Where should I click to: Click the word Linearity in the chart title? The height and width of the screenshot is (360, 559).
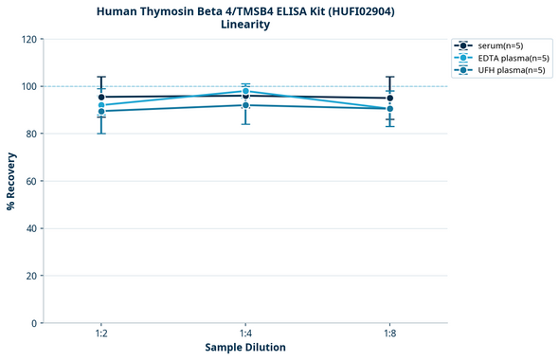click(244, 25)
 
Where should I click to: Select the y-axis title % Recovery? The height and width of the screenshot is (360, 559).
click(11, 180)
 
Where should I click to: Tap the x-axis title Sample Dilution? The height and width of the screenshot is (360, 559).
click(245, 348)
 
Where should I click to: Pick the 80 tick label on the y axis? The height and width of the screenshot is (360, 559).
click(31, 134)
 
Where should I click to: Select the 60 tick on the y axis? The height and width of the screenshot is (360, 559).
click(31, 181)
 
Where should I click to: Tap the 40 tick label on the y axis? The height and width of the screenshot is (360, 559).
click(31, 228)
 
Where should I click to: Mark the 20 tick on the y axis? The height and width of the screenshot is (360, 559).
click(31, 276)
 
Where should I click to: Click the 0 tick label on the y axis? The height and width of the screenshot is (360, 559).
click(34, 323)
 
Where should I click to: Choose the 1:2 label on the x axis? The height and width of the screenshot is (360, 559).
click(101, 333)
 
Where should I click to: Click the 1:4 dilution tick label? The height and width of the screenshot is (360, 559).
click(245, 333)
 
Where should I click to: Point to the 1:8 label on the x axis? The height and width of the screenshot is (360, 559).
click(389, 333)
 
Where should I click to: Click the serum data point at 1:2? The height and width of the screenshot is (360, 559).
click(101, 97)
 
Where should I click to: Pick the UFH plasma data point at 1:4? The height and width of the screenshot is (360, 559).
click(245, 105)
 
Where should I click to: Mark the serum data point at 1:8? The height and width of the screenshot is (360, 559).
click(389, 98)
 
